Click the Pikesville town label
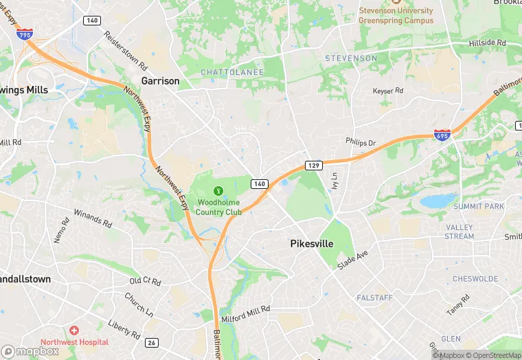point(311,244)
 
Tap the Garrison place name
point(160,81)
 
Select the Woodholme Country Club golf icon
point(218,190)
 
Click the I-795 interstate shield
point(25,33)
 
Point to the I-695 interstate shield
point(442,135)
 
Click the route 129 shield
point(313,166)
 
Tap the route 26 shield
point(152,342)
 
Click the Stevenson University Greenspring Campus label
point(396,15)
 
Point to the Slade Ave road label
point(353,259)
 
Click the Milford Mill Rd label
point(246,315)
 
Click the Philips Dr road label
point(361,143)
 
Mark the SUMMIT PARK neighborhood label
point(479,206)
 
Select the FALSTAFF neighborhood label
point(375,297)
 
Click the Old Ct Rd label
point(145,282)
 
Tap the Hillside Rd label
point(487,43)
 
